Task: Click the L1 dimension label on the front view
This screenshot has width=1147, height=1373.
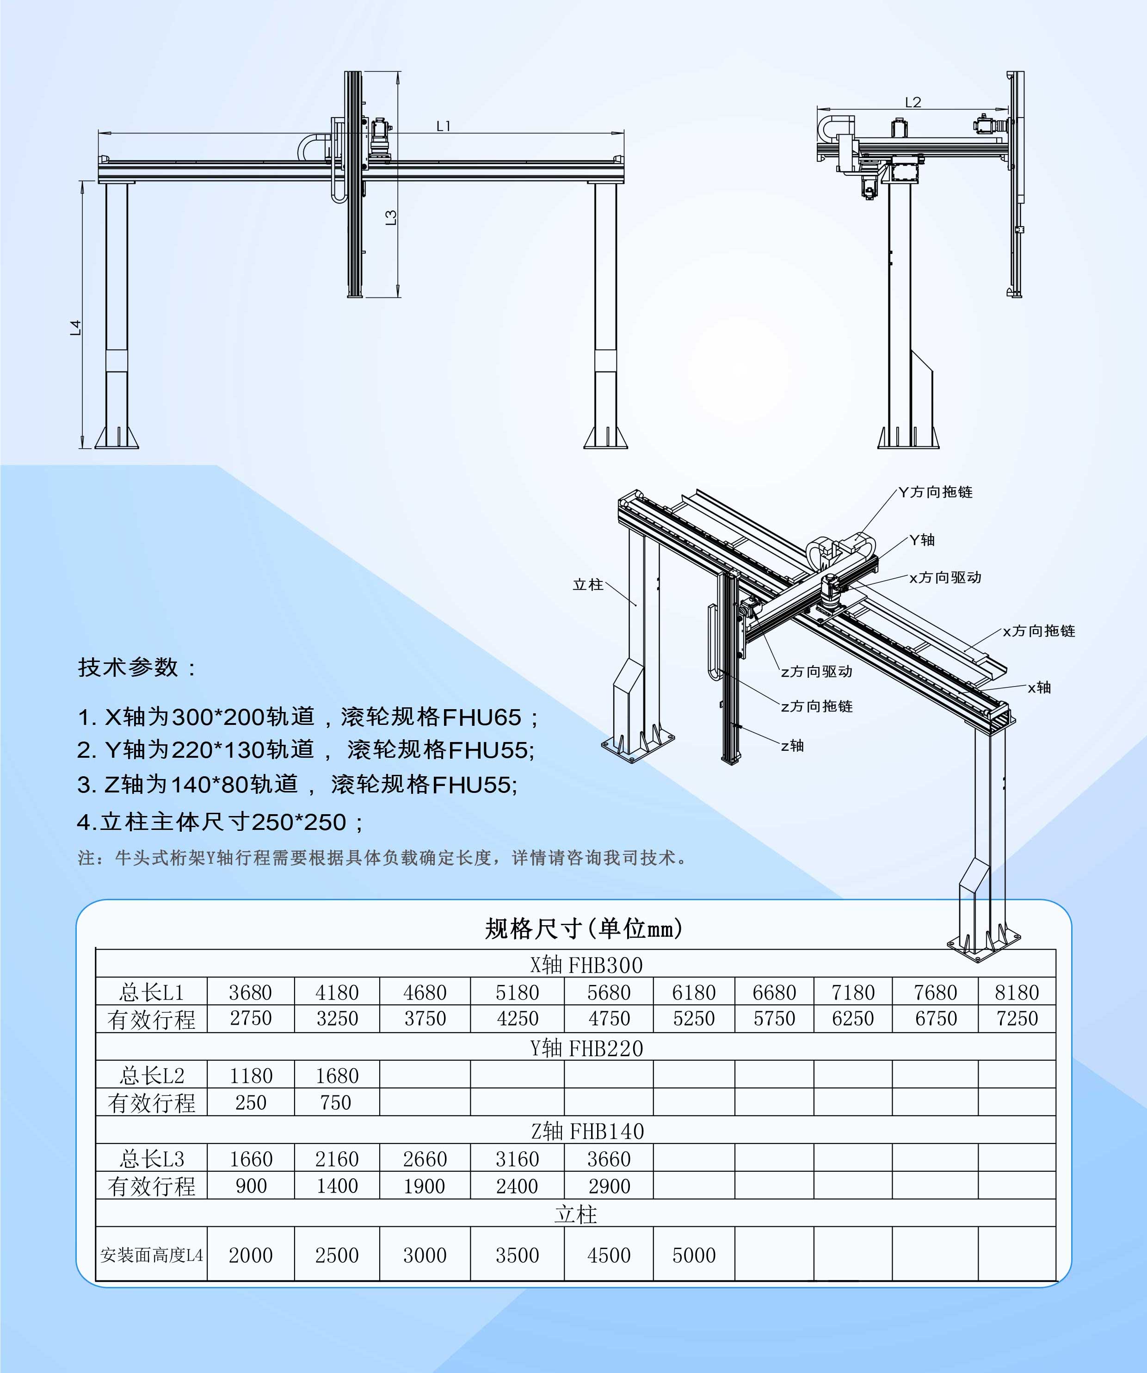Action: coord(444,125)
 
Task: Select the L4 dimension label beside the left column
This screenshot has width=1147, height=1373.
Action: coord(76,327)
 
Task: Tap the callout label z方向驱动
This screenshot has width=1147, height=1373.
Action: coord(816,671)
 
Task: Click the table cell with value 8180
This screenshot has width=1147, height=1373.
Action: coord(1016,992)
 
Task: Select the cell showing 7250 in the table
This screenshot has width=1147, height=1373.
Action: coord(1016,1019)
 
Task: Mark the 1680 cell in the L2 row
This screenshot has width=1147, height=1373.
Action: coord(337,1076)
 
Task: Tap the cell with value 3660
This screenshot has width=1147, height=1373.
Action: coord(609,1159)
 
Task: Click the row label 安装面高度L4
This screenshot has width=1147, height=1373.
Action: coord(152,1255)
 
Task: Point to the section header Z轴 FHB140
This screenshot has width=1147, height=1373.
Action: coord(587,1131)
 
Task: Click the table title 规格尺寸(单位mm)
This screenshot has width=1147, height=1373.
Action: coord(584,928)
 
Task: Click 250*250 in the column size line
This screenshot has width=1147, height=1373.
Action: coord(299,822)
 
